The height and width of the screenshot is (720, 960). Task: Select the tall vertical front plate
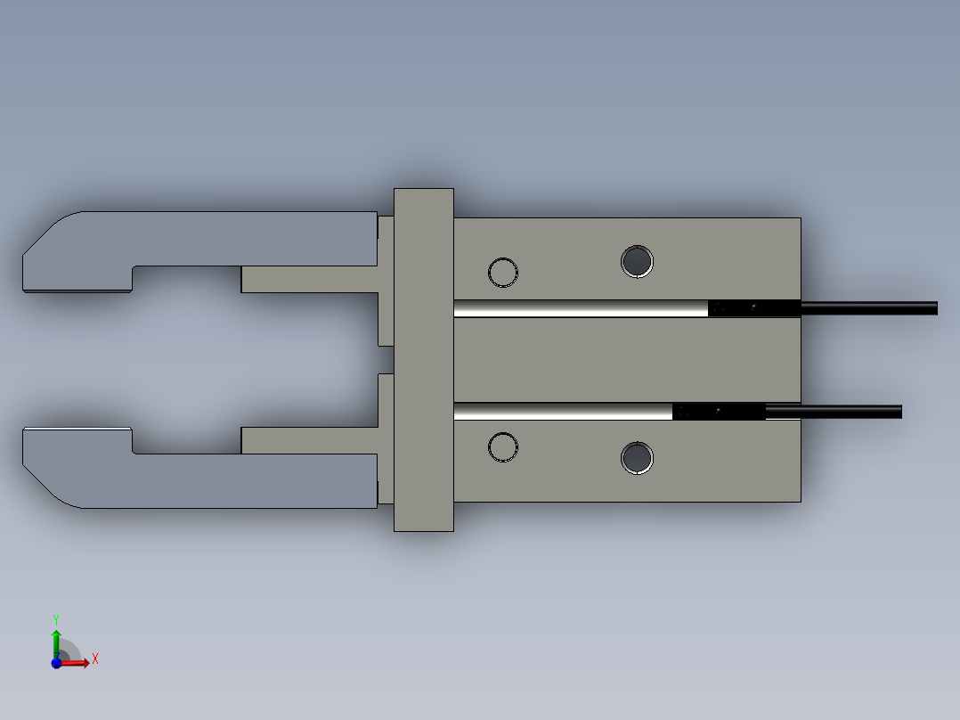[x=424, y=360]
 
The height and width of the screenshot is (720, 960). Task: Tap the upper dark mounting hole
[x=637, y=262]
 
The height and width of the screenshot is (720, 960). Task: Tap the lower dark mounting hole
[x=637, y=458]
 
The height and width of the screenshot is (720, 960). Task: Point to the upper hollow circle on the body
[x=503, y=258]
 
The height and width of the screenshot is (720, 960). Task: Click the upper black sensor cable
[x=869, y=307]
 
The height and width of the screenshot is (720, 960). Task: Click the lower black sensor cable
[x=834, y=411]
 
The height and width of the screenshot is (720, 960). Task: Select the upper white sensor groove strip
[x=581, y=308]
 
